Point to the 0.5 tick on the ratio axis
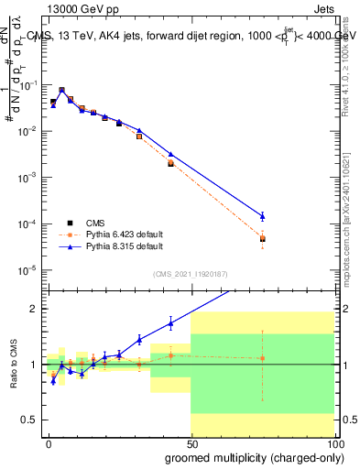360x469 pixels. tap(28, 420)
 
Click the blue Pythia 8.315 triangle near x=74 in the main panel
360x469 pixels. tap(262, 216)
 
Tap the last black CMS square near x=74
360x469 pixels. tap(262, 239)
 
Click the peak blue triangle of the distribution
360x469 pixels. tap(61, 91)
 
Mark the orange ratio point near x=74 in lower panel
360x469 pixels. tap(262, 358)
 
